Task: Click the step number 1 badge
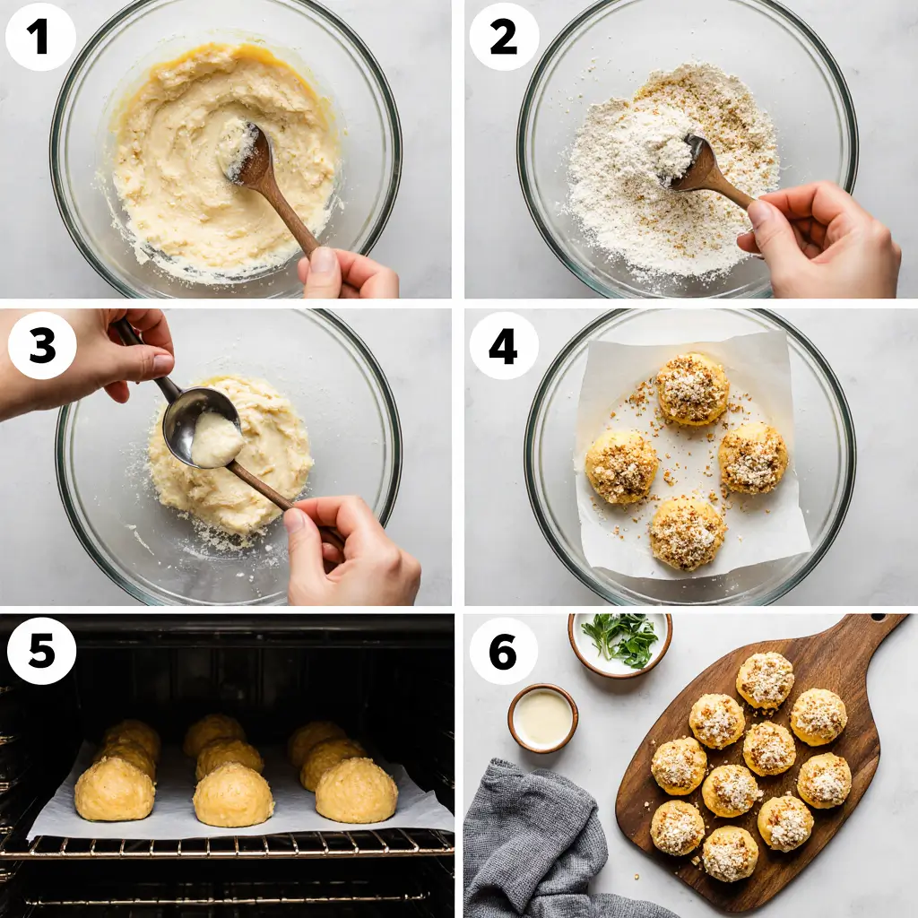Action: (x=40, y=37)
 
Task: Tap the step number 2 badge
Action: (x=504, y=37)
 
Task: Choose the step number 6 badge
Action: (x=504, y=651)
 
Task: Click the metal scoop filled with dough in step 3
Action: (x=204, y=429)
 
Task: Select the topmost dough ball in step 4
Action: (x=692, y=388)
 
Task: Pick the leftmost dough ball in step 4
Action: (x=621, y=467)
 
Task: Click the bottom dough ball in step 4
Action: (x=688, y=533)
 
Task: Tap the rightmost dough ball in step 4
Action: (x=753, y=458)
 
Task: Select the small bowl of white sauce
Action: (x=542, y=717)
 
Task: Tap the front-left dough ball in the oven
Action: (x=114, y=789)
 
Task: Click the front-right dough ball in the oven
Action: (x=356, y=790)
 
